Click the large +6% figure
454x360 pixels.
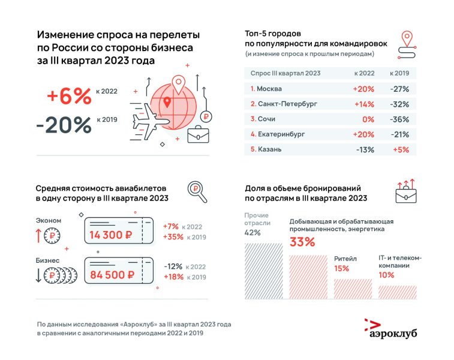(68, 95)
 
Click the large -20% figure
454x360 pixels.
(64, 124)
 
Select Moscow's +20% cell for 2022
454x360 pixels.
(363, 89)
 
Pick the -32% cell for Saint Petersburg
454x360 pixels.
(399, 104)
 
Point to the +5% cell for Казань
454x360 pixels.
(401, 149)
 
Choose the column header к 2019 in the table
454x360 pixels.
(399, 73)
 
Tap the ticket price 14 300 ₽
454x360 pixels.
(111, 236)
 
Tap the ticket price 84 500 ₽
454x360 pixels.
(111, 275)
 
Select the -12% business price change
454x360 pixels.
(173, 266)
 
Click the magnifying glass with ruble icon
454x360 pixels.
(196, 191)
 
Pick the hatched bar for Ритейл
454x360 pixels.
(352, 288)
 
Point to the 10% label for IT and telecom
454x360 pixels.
(386, 275)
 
